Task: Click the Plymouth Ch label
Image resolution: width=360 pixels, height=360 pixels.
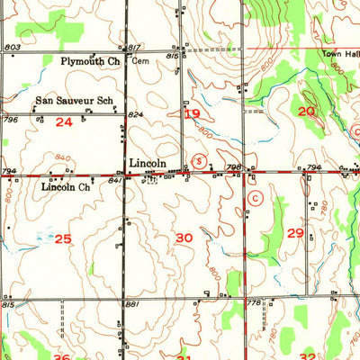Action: [90, 61]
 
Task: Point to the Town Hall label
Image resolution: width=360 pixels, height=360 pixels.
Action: [340, 54]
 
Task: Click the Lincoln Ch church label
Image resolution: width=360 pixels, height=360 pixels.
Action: [66, 187]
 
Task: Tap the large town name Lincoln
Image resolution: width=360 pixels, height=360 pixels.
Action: [148, 163]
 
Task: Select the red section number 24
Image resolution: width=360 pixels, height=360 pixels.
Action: [63, 121]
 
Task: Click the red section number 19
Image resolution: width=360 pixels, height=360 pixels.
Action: [192, 114]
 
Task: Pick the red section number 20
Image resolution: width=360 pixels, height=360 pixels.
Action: [306, 111]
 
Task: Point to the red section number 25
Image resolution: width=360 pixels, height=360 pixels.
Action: [62, 238]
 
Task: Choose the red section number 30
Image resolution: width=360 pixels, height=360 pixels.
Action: [184, 238]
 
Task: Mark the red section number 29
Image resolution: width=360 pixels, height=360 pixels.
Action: [295, 232]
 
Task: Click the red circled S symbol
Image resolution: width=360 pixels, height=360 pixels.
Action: [201, 161]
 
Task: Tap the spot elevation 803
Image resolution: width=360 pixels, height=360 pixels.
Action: [12, 47]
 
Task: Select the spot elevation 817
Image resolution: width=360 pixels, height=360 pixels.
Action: [134, 47]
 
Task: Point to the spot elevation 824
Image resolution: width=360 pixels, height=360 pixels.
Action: [136, 115]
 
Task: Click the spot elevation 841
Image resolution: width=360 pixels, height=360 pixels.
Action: [115, 180]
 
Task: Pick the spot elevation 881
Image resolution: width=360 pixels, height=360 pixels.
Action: [133, 304]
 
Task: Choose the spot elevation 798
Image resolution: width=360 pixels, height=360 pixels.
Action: [232, 166]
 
